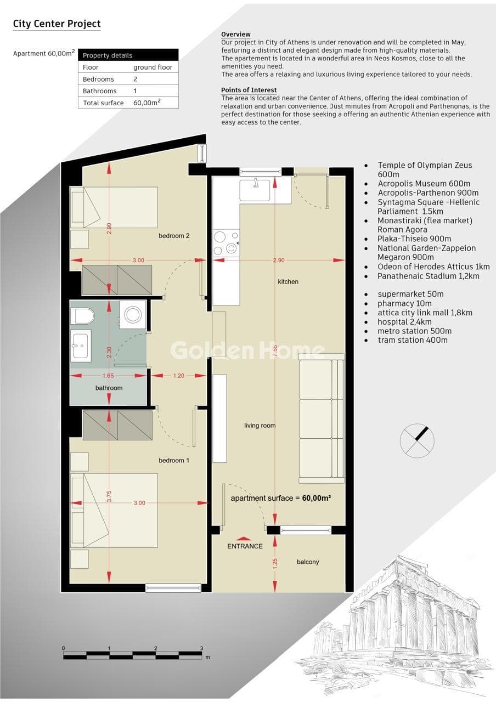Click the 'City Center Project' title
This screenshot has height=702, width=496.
coord(57,24)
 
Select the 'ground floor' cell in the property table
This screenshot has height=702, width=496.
coord(153,67)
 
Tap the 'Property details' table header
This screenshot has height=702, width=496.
coord(108,55)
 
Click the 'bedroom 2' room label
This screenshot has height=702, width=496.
coord(174,236)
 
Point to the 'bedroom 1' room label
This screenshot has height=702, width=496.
coord(174,460)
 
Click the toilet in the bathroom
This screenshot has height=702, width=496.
coord(82,316)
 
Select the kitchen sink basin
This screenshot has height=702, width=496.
coord(255,190)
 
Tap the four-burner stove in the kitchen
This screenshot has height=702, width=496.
coord(226,243)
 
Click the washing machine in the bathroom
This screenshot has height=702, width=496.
coord(133,314)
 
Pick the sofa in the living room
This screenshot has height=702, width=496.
coord(322,418)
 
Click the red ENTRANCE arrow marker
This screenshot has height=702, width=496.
coord(243,539)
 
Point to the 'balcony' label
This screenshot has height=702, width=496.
coord(308,562)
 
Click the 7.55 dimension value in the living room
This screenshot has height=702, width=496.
coord(275,350)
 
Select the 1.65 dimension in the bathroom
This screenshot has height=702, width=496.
coord(108,376)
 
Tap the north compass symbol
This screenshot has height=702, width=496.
coord(417,440)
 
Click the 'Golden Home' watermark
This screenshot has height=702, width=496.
coord(247,350)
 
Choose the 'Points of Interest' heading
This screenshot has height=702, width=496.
coord(249,90)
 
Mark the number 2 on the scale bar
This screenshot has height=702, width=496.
coord(155,648)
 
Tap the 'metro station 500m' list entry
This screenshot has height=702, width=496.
coord(414,331)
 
